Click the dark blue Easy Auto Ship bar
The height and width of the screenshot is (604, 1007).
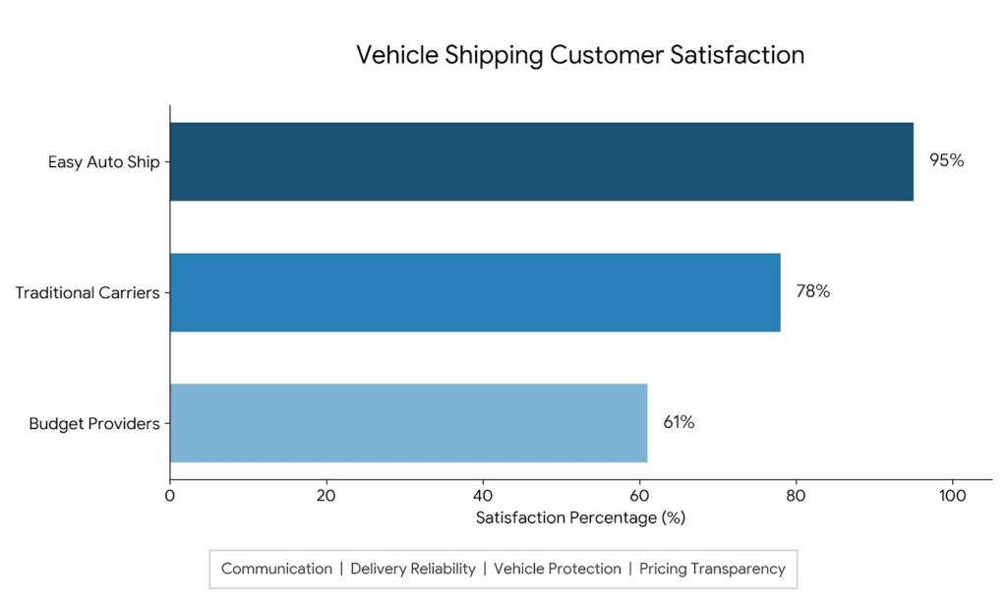(x=542, y=162)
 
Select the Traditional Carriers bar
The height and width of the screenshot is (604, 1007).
(x=475, y=292)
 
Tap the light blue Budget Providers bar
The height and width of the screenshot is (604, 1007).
(x=408, y=423)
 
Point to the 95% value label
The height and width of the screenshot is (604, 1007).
(x=947, y=160)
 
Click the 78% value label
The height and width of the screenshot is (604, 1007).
(x=813, y=292)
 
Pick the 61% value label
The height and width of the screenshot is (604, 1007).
(x=679, y=422)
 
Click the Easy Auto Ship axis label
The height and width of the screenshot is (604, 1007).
(x=104, y=162)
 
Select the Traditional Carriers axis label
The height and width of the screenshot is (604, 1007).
(x=88, y=293)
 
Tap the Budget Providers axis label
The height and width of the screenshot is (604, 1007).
(x=94, y=424)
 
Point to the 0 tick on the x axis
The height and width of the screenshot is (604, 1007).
(x=169, y=496)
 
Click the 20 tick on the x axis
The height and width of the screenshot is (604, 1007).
(x=326, y=496)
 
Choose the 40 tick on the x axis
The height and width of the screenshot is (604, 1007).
(x=483, y=496)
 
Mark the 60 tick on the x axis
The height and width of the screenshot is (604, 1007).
(x=639, y=496)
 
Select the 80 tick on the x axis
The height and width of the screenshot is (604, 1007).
(x=796, y=496)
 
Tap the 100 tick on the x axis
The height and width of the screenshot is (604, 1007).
(x=952, y=496)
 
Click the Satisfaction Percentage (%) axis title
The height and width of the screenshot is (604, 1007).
(x=580, y=517)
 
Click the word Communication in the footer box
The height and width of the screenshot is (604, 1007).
(x=276, y=569)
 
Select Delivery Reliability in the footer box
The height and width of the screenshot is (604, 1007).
(x=413, y=570)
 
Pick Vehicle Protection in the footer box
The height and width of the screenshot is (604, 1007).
(x=558, y=569)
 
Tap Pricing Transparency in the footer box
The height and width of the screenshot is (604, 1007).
(x=712, y=570)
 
